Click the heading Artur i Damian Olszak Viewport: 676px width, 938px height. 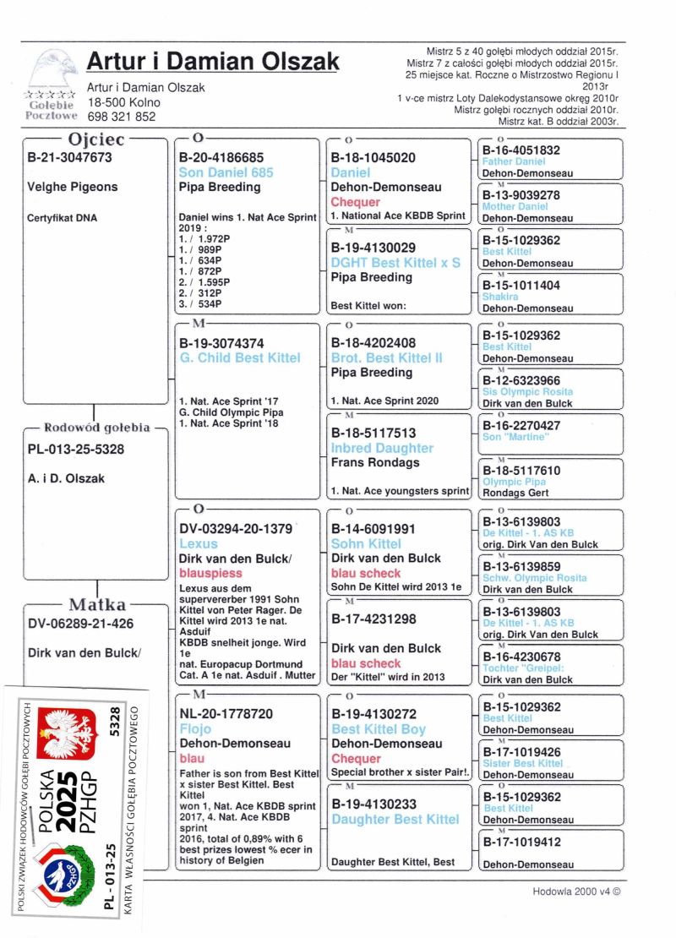coord(213,62)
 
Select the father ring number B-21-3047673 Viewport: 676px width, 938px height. coord(69,157)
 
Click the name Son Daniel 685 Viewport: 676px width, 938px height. coord(226,172)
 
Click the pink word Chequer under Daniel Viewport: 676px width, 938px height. coord(356,202)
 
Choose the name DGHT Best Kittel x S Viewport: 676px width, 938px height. coord(395,263)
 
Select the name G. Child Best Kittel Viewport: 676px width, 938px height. coord(239,357)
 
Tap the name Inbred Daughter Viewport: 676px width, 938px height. coord(382,448)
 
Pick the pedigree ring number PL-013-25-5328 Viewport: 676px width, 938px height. coord(76,449)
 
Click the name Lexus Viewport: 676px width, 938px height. coord(198,543)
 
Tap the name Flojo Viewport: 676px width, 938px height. coord(195,728)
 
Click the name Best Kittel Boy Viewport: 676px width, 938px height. coord(379,729)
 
